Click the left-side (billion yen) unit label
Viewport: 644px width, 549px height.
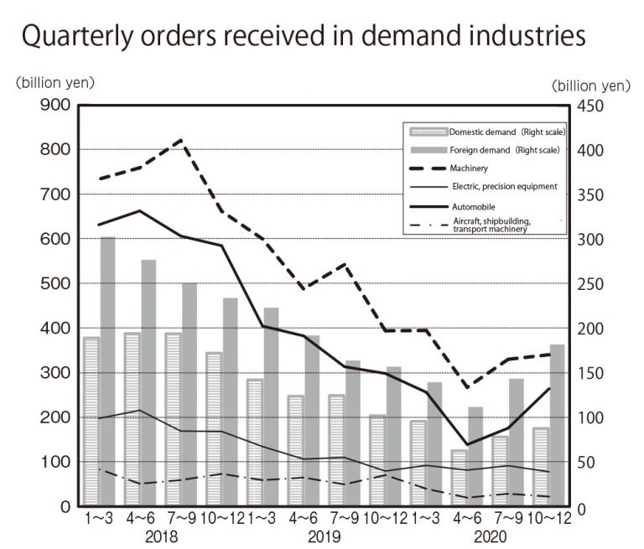coord(55,82)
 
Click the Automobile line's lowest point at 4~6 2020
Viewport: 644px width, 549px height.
coord(466,444)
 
